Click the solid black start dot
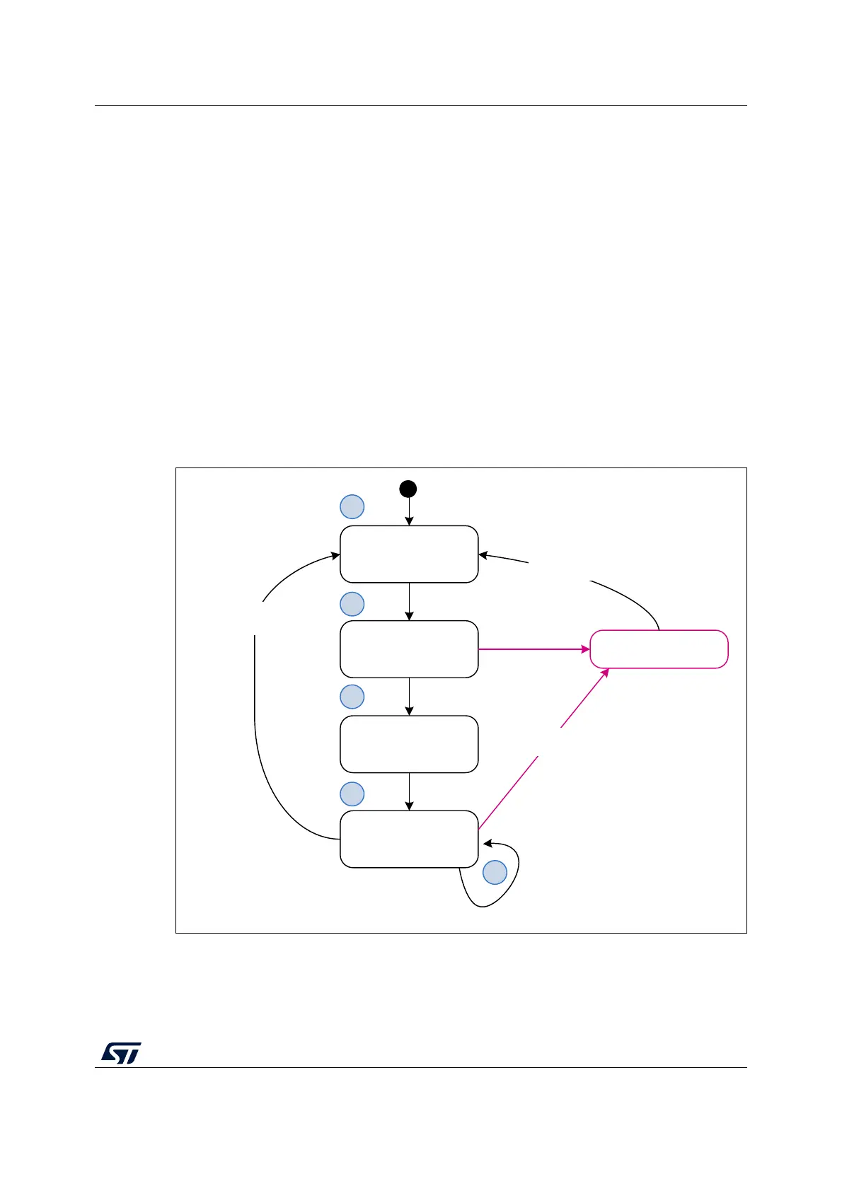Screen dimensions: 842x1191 pyautogui.click(x=408, y=489)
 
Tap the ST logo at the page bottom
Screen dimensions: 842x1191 pyautogui.click(x=121, y=1052)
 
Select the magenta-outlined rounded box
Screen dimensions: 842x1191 pyautogui.click(x=659, y=649)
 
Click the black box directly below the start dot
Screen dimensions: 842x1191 pyautogui.click(x=409, y=554)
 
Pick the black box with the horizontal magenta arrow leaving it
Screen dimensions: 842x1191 pyautogui.click(x=409, y=649)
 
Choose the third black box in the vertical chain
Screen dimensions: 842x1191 pyautogui.click(x=409, y=744)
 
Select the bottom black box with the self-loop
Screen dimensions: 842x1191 pyautogui.click(x=409, y=839)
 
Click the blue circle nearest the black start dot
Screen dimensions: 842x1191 pyautogui.click(x=352, y=507)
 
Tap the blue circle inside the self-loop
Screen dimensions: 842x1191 pyautogui.click(x=495, y=873)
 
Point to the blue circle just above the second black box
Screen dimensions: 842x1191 pyautogui.click(x=352, y=604)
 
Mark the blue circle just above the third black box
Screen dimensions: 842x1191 pyautogui.click(x=352, y=697)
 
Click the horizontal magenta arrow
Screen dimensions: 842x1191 pyautogui.click(x=534, y=649)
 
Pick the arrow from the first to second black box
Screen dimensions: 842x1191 pyautogui.click(x=410, y=602)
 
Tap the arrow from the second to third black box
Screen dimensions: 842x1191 pyautogui.click(x=410, y=697)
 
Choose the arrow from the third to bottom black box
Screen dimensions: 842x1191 pyautogui.click(x=410, y=792)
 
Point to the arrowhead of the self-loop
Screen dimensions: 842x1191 pyautogui.click(x=487, y=843)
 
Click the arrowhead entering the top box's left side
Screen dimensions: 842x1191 pyautogui.click(x=335, y=556)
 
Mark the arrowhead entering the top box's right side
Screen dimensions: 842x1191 pyautogui.click(x=483, y=555)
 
